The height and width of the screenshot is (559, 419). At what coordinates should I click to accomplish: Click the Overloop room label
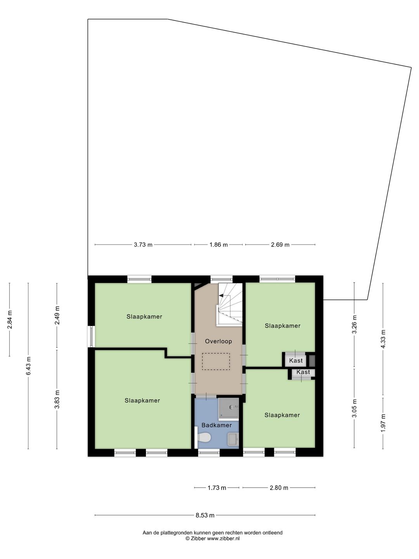[218, 341]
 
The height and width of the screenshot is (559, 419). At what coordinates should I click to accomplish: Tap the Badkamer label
[216, 425]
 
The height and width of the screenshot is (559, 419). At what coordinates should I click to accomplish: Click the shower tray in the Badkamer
[229, 408]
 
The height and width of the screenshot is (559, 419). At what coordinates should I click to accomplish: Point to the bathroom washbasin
[233, 439]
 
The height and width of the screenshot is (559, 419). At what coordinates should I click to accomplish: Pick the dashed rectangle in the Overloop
[216, 361]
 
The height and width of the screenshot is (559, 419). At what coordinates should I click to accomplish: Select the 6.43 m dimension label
[28, 365]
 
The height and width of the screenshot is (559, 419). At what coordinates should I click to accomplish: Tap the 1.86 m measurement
[218, 245]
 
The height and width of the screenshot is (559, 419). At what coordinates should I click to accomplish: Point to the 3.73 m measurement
[143, 245]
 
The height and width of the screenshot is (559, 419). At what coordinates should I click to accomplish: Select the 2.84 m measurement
[10, 319]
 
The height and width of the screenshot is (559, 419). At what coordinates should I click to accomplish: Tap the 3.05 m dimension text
[354, 408]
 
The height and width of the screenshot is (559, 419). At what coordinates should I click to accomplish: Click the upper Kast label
[296, 360]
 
